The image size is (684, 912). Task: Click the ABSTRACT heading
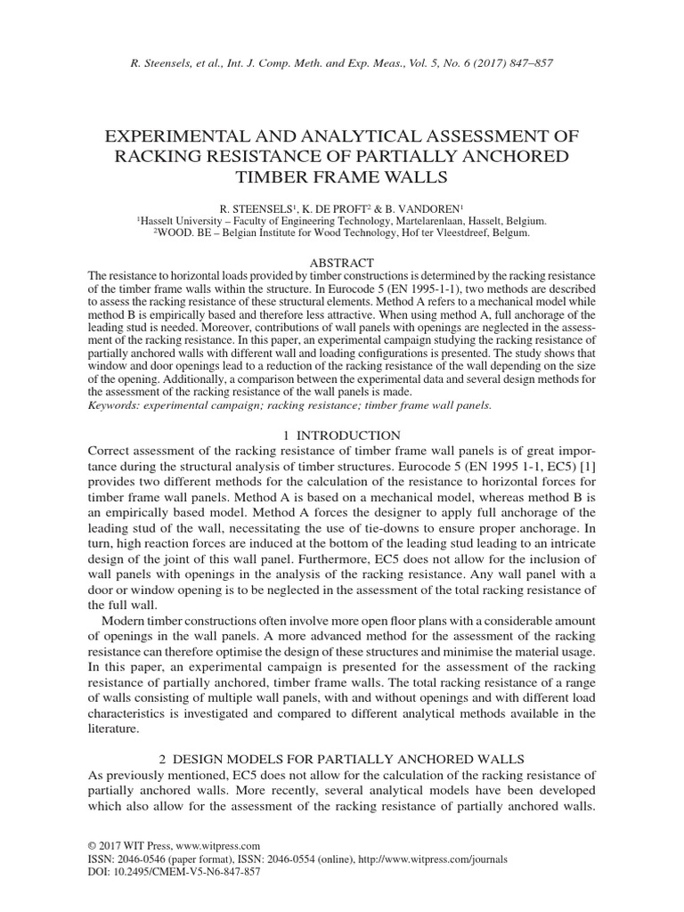[x=342, y=263]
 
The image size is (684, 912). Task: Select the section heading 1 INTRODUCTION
[x=341, y=436]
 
